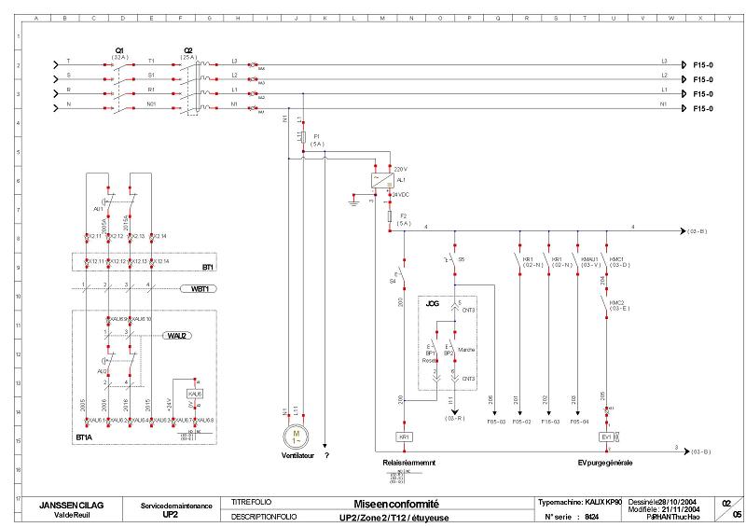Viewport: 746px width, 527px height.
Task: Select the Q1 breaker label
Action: (x=120, y=49)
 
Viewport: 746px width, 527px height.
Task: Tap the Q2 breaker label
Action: (x=188, y=49)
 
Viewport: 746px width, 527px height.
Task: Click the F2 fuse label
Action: (x=404, y=216)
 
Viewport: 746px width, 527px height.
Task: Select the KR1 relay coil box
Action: (x=404, y=437)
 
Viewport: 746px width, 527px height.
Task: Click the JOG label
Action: (x=432, y=303)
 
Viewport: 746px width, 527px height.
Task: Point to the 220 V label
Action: (x=402, y=169)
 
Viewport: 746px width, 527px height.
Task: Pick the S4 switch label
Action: (x=391, y=280)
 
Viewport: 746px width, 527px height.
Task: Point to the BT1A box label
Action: (x=84, y=436)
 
